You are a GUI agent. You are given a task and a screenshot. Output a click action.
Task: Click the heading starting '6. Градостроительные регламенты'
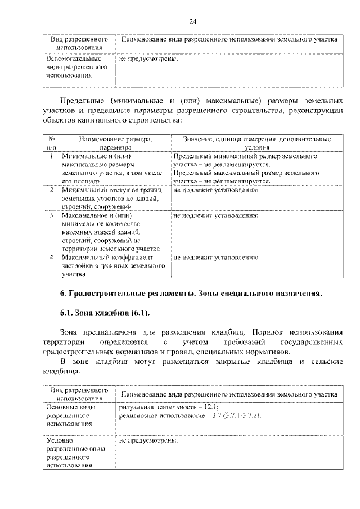[191, 294]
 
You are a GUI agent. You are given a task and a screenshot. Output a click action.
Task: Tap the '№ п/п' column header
[51, 142]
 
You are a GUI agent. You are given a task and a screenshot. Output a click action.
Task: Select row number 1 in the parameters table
[51, 156]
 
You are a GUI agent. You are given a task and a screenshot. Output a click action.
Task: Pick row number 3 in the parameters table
[51, 215]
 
